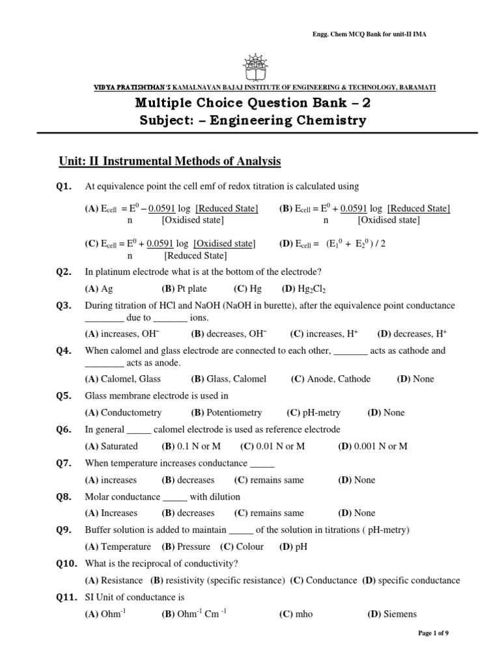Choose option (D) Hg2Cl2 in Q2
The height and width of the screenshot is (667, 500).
(303, 289)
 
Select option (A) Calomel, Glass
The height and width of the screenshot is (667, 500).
(123, 378)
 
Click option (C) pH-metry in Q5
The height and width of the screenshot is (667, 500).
(313, 412)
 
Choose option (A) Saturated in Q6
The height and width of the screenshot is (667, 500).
(111, 446)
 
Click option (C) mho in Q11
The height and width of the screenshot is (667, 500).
(296, 614)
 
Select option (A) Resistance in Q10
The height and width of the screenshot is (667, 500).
(114, 580)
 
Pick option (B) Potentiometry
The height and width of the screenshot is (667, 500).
(227, 412)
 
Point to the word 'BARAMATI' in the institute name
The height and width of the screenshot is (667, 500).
(417, 87)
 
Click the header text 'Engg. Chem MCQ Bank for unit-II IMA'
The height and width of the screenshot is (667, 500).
(372, 34)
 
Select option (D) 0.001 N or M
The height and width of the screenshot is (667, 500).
(373, 446)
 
